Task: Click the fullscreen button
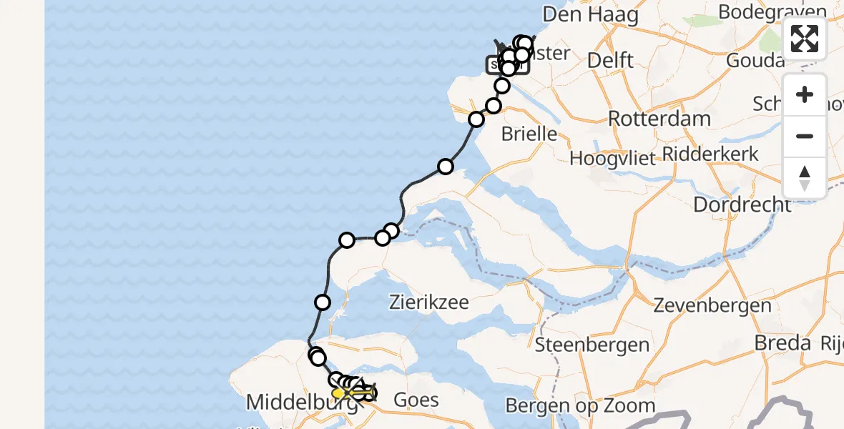click(x=805, y=39)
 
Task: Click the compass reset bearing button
click(x=805, y=178)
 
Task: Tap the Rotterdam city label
click(x=659, y=118)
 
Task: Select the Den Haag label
click(x=590, y=14)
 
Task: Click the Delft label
click(x=610, y=60)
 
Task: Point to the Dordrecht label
click(x=742, y=204)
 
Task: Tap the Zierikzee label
click(x=429, y=302)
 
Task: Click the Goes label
click(x=416, y=399)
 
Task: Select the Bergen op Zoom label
click(x=580, y=406)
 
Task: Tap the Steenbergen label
click(x=592, y=345)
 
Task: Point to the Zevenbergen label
click(x=712, y=306)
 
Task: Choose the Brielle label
click(x=529, y=134)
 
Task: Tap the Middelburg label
click(x=300, y=403)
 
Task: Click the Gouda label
click(x=755, y=60)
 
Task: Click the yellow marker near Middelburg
click(x=339, y=393)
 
